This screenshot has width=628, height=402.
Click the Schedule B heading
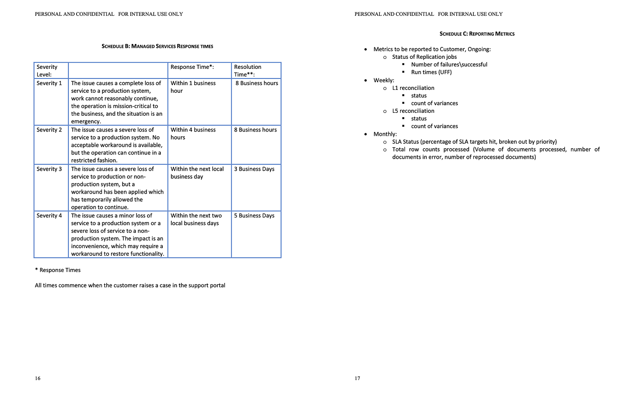click(157, 46)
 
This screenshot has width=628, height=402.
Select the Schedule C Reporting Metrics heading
click(477, 34)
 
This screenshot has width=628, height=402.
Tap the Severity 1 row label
click(49, 83)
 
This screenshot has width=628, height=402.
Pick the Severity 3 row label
click(49, 169)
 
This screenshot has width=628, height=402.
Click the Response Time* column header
click(192, 67)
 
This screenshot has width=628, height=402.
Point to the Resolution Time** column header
click(248, 70)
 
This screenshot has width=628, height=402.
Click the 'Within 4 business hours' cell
click(193, 133)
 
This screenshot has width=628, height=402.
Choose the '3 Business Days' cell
click(254, 169)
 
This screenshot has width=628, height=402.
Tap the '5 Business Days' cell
click(254, 216)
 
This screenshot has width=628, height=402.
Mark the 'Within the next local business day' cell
click(197, 173)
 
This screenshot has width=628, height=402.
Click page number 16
click(38, 379)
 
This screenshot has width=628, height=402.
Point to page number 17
click(358, 379)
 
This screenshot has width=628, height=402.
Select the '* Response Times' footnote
click(58, 270)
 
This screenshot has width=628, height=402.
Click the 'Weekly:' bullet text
click(384, 80)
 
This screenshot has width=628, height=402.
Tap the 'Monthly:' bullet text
click(385, 134)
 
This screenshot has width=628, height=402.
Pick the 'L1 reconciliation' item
click(413, 88)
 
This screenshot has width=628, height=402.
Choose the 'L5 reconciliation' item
click(413, 111)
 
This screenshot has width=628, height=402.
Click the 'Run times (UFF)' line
click(431, 72)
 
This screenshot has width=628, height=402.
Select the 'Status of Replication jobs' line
click(425, 57)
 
